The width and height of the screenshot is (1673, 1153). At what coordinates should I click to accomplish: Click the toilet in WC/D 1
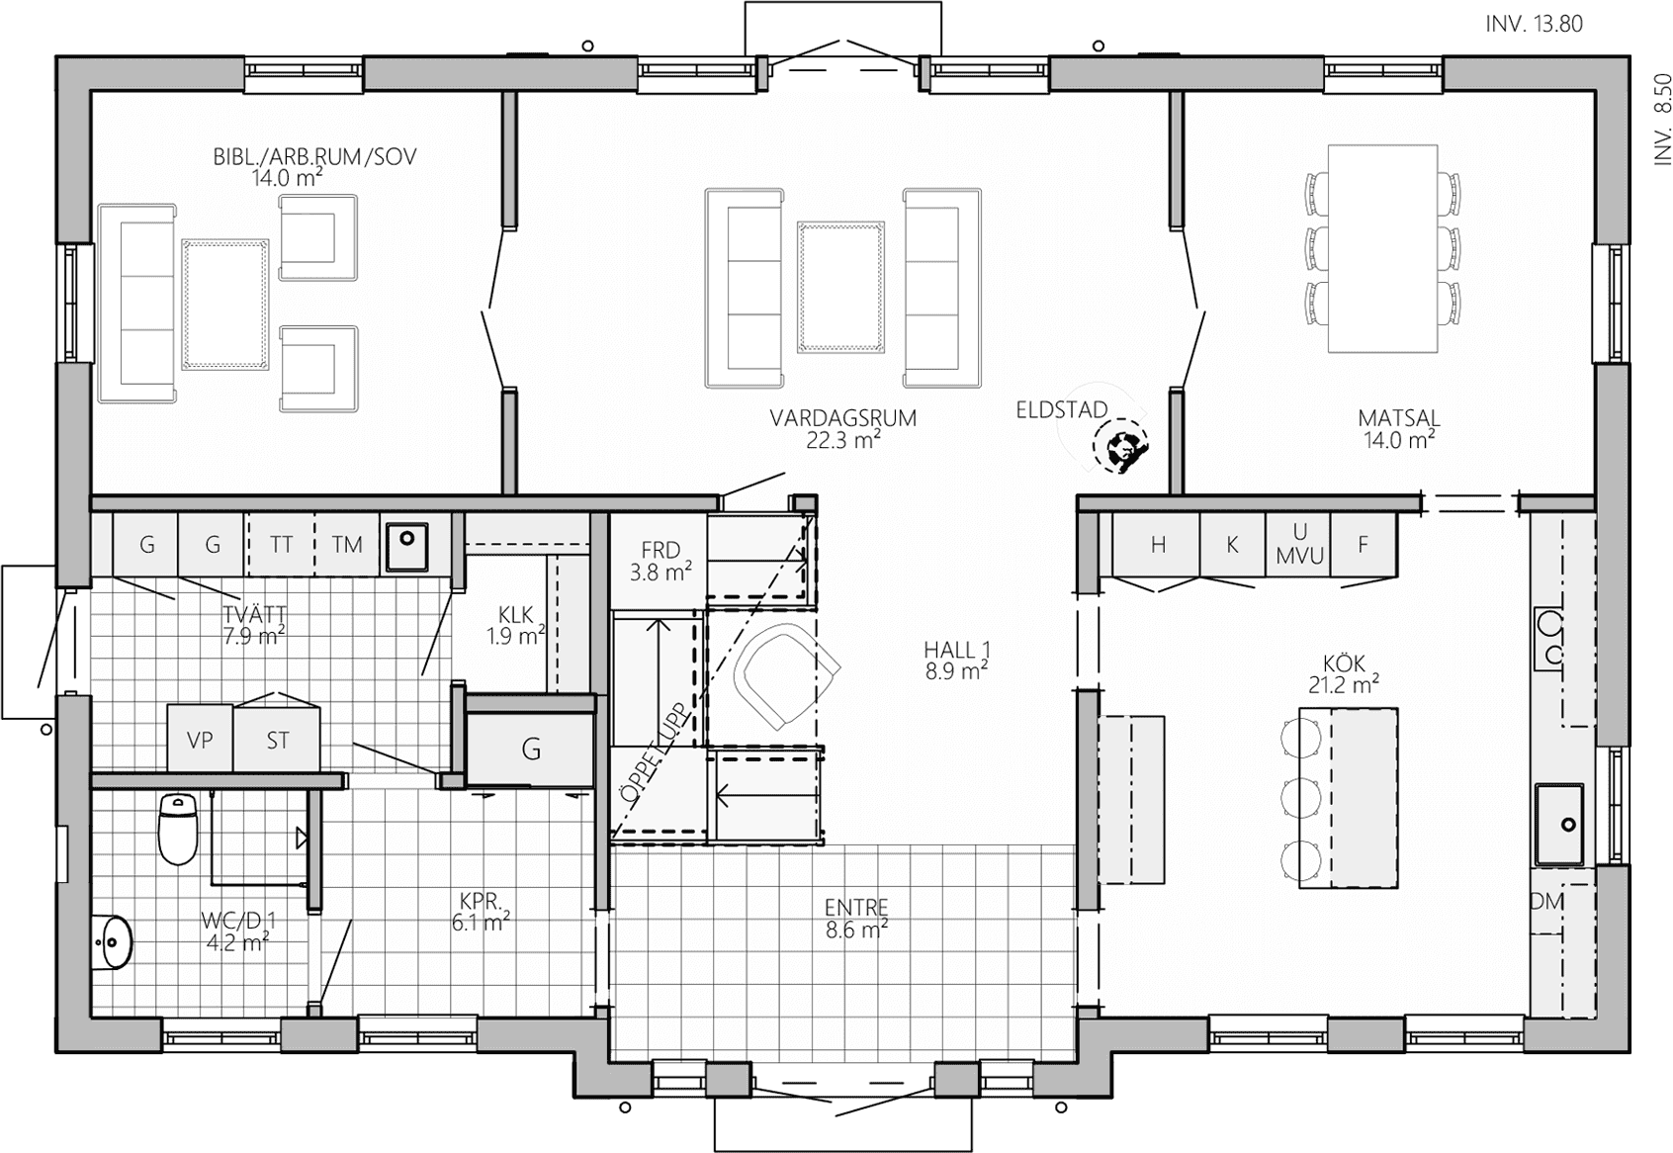click(179, 828)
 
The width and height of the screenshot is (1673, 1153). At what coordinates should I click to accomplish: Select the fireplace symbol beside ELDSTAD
click(1121, 448)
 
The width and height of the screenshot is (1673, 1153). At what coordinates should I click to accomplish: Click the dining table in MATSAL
click(1382, 248)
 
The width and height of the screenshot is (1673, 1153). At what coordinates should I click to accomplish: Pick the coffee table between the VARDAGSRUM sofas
click(841, 286)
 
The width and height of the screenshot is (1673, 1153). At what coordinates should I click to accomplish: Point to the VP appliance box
click(200, 739)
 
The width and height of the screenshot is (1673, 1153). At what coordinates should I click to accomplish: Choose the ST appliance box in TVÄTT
click(277, 739)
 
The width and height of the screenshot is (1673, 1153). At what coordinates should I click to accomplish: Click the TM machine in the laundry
click(347, 545)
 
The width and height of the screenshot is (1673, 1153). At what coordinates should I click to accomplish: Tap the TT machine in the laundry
click(281, 545)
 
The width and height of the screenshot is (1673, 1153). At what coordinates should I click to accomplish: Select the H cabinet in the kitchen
click(1157, 545)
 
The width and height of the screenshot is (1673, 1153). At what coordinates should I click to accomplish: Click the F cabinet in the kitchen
click(1364, 545)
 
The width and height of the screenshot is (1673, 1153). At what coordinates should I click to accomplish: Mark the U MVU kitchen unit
click(1299, 545)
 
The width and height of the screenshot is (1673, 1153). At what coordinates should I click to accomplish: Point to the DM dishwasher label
click(1546, 902)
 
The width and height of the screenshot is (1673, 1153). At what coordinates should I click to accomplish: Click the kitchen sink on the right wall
click(1559, 825)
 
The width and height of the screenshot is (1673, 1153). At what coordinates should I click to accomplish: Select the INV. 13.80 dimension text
click(1535, 25)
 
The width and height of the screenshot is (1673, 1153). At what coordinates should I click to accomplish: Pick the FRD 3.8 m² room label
click(660, 561)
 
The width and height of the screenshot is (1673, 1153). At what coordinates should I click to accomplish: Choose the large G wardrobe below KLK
click(530, 749)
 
